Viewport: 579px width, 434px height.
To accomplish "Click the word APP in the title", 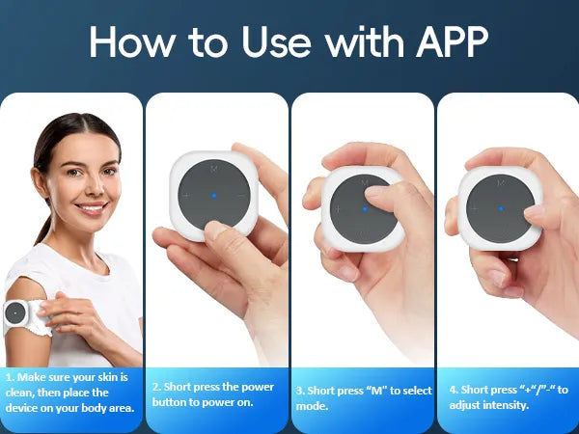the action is click(x=452, y=42).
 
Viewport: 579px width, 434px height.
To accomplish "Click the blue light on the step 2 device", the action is click(x=214, y=196).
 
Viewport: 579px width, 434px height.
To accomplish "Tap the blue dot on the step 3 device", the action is click(x=365, y=209).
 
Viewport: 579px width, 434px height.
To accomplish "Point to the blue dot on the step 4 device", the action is click(x=501, y=209).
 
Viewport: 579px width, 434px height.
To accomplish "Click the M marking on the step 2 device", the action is click(x=214, y=169).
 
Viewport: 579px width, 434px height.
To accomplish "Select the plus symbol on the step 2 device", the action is click(x=186, y=195).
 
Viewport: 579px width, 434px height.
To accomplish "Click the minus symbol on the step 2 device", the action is click(x=241, y=196).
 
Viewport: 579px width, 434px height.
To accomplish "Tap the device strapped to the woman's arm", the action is click(x=15, y=313).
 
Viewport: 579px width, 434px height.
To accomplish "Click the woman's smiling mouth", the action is click(x=92, y=207).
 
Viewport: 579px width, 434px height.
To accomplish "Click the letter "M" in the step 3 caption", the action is click(x=376, y=391).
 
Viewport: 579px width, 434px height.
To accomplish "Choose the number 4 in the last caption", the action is click(x=454, y=390).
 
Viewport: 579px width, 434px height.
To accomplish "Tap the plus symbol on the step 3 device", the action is click(x=338, y=209).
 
